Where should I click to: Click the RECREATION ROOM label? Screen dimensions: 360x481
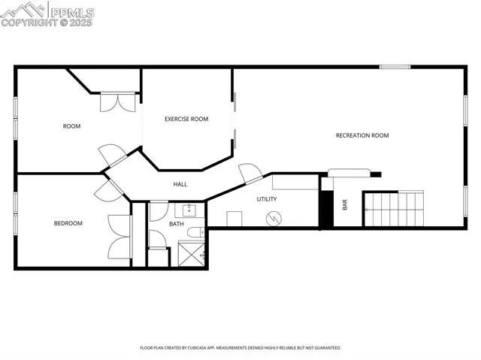click(362, 135)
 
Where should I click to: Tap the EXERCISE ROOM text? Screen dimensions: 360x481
click(186, 119)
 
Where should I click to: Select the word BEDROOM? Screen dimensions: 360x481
click(68, 223)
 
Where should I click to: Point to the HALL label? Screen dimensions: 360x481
click(180, 184)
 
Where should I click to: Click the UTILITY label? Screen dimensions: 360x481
click(267, 199)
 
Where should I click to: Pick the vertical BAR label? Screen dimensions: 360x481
click(345, 204)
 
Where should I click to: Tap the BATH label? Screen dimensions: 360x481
click(176, 224)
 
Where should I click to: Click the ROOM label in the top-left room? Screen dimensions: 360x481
click(71, 126)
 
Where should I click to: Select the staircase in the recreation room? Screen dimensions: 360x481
click(394, 208)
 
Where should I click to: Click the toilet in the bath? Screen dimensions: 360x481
click(194, 234)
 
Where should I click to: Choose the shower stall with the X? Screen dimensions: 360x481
click(192, 255)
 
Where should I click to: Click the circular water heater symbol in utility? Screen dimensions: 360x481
click(275, 218)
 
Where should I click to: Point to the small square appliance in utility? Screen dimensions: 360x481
click(234, 219)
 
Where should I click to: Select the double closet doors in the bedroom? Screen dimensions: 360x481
click(120, 237)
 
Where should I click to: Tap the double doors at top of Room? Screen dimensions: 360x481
click(118, 101)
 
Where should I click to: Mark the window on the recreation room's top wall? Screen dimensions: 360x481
click(395, 67)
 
